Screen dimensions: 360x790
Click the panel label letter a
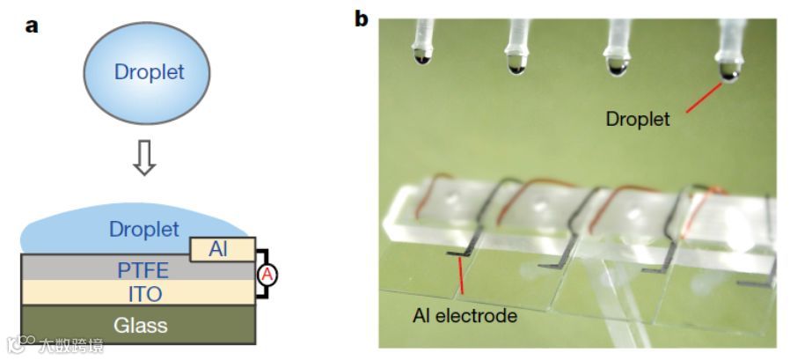(31, 25)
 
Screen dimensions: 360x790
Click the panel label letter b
(362, 19)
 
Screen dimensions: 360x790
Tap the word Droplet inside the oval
(150, 72)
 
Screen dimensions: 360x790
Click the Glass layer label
(141, 326)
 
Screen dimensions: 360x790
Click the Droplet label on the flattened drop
(143, 230)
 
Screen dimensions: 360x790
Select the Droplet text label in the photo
(638, 119)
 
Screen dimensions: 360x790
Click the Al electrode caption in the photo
(464, 315)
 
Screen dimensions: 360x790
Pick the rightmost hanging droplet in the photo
(729, 70)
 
